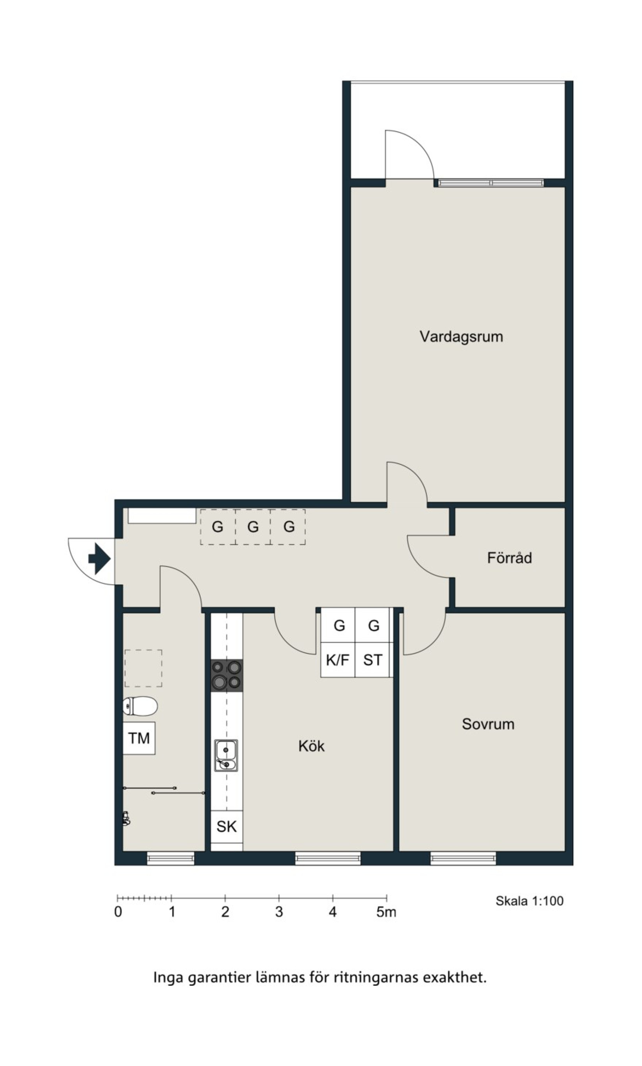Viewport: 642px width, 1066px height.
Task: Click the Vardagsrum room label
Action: click(x=461, y=337)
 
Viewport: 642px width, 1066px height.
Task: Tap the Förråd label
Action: click(x=510, y=558)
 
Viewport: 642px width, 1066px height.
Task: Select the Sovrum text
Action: click(x=488, y=724)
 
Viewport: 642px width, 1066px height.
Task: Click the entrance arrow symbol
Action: click(x=99, y=559)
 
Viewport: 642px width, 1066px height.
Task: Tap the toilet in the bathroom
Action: click(x=140, y=706)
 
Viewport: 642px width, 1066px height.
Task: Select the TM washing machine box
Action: click(x=139, y=738)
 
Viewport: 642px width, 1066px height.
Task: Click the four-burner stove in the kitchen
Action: click(x=227, y=675)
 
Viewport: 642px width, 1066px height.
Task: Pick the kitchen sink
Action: click(x=226, y=755)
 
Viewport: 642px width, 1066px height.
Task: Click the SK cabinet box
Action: click(x=227, y=827)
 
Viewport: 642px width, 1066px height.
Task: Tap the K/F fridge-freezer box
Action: click(x=337, y=660)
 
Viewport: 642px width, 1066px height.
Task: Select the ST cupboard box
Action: click(x=372, y=660)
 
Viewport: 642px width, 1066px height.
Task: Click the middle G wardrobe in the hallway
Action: click(x=253, y=527)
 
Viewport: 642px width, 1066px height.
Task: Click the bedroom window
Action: click(x=463, y=858)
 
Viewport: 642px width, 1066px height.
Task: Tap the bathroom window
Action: click(x=171, y=858)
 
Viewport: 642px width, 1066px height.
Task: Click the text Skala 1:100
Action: click(x=529, y=901)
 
